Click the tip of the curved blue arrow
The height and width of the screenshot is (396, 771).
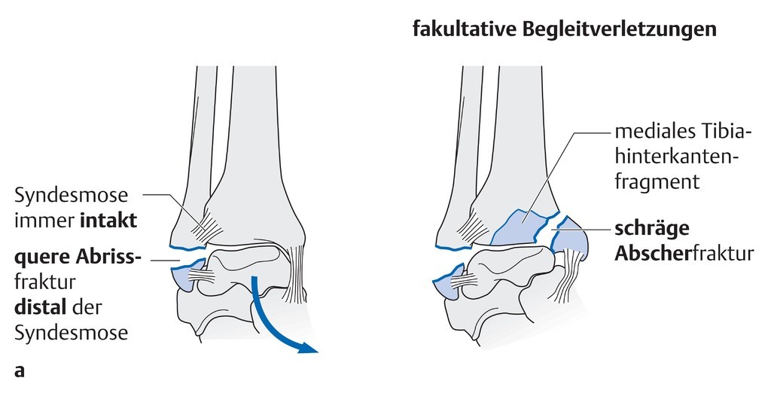tap(313, 349)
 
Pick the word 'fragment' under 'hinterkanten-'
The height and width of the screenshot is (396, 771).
tap(657, 181)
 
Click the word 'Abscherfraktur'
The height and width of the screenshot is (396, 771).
tap(684, 254)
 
